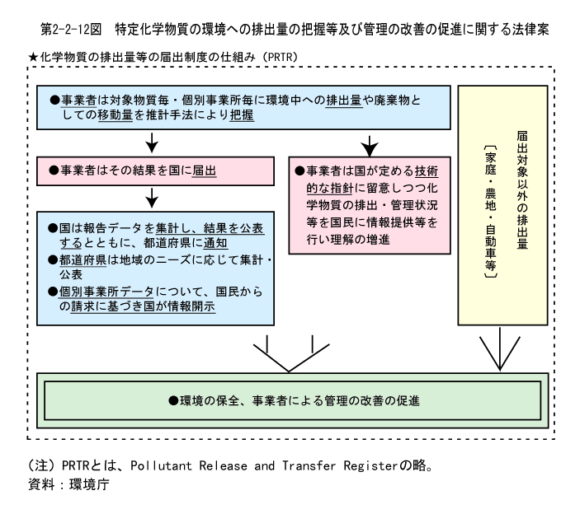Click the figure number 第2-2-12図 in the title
coord(71,29)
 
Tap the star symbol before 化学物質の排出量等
coord(33,57)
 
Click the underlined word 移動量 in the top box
coord(115,114)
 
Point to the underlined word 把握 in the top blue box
coord(242,114)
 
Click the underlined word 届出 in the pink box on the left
coord(204,171)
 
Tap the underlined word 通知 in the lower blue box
coord(215,243)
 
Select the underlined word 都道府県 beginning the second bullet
coord(83,259)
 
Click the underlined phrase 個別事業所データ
coord(106,292)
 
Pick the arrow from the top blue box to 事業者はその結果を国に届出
coord(152,143)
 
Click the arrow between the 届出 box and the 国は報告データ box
coord(152,198)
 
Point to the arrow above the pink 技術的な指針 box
coord(369,146)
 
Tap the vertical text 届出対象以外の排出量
coord(522,189)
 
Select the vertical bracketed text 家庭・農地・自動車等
coord(491,211)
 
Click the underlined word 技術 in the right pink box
coord(427,171)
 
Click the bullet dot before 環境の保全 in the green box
coord(173,400)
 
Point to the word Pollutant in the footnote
coord(161,465)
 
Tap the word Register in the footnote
coord(370,465)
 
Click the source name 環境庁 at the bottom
coord(89,484)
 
